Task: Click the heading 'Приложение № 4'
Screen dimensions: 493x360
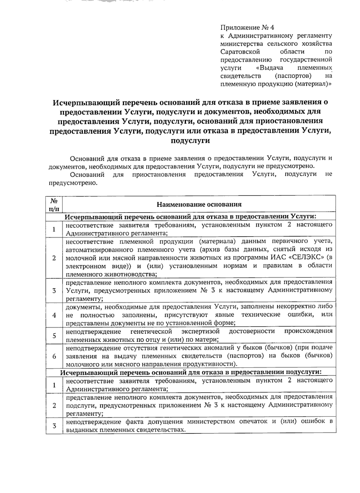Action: [247, 28]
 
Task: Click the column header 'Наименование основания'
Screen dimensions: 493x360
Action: [199, 205]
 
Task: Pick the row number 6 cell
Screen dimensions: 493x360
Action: [54, 356]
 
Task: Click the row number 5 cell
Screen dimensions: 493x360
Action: [54, 335]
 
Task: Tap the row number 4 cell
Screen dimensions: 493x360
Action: [54, 315]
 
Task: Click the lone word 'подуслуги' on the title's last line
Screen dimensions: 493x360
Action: [190, 141]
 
